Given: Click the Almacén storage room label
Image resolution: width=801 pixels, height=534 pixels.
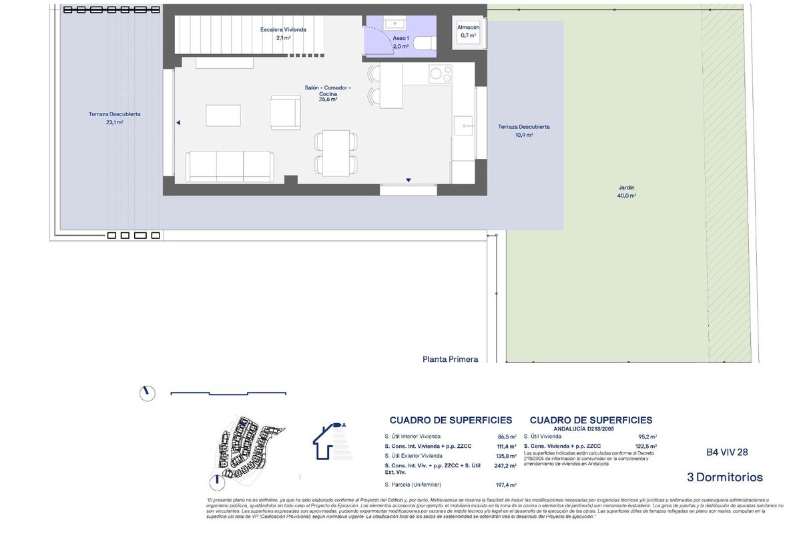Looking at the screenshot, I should pyautogui.click(x=468, y=31).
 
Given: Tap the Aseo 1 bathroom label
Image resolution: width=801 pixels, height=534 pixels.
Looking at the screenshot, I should pyautogui.click(x=400, y=43).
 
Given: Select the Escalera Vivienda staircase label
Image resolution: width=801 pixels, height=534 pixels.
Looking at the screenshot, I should pyautogui.click(x=283, y=33).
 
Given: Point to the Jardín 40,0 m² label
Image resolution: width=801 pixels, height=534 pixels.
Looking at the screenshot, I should pyautogui.click(x=626, y=192).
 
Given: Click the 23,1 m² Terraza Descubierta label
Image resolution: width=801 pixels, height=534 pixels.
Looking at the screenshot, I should pyautogui.click(x=114, y=118).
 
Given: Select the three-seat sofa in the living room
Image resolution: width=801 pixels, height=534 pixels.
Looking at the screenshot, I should pyautogui.click(x=230, y=166).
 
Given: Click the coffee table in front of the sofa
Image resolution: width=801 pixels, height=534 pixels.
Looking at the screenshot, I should pyautogui.click(x=223, y=115).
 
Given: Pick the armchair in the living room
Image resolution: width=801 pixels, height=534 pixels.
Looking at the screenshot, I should pyautogui.click(x=286, y=112).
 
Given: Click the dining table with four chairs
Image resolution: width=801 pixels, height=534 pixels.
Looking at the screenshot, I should pyautogui.click(x=336, y=153).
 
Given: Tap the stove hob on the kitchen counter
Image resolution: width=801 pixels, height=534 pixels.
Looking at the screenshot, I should pyautogui.click(x=440, y=73).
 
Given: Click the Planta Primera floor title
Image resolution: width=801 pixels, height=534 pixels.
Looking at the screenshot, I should pyautogui.click(x=450, y=359).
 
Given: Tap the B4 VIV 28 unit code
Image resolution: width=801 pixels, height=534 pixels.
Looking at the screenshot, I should pyautogui.click(x=727, y=452).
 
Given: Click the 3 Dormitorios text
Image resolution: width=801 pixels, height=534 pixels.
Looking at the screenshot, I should pyautogui.click(x=724, y=477).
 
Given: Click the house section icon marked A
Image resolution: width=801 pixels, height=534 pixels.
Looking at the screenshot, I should pyautogui.click(x=329, y=441).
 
